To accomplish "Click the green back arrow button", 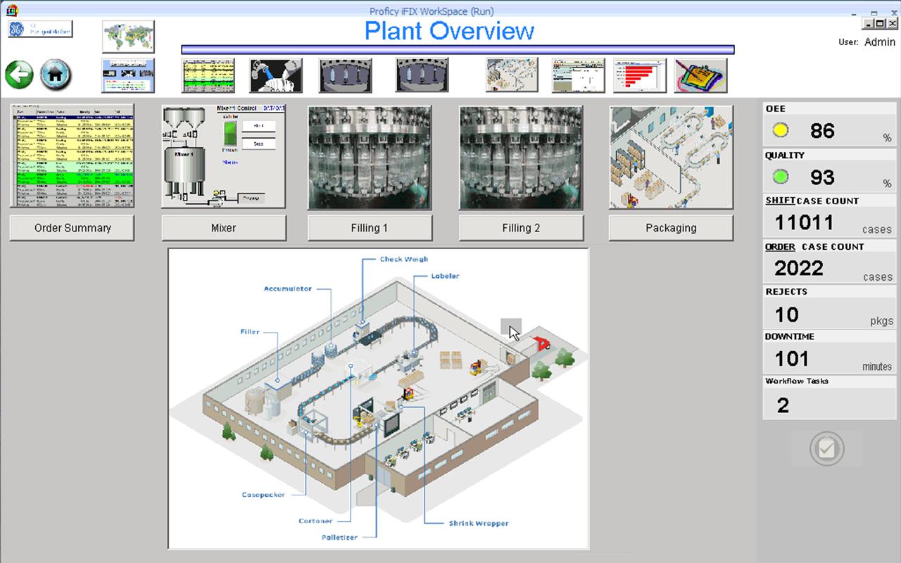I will [x=20, y=75].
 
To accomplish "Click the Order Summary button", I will [x=73, y=228].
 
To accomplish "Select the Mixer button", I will [x=224, y=228].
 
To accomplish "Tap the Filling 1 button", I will [x=370, y=228].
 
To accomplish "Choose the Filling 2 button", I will [x=521, y=228].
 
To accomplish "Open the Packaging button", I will [x=671, y=228].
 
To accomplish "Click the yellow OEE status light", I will [x=780, y=131].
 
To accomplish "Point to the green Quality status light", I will [x=780, y=177].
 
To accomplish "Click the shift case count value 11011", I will [x=804, y=223].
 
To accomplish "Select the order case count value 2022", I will [x=799, y=268].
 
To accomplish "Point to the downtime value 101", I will [x=792, y=359].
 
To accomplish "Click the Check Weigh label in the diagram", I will [x=404, y=260].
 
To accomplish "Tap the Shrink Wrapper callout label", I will [x=479, y=524].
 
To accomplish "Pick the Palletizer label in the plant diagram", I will [x=339, y=538].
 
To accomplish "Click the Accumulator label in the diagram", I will [x=287, y=289].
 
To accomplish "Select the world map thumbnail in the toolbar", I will [x=128, y=37].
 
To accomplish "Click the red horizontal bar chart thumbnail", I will [x=639, y=75].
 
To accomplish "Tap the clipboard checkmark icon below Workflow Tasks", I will [x=826, y=449].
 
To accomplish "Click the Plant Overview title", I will [x=449, y=32].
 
